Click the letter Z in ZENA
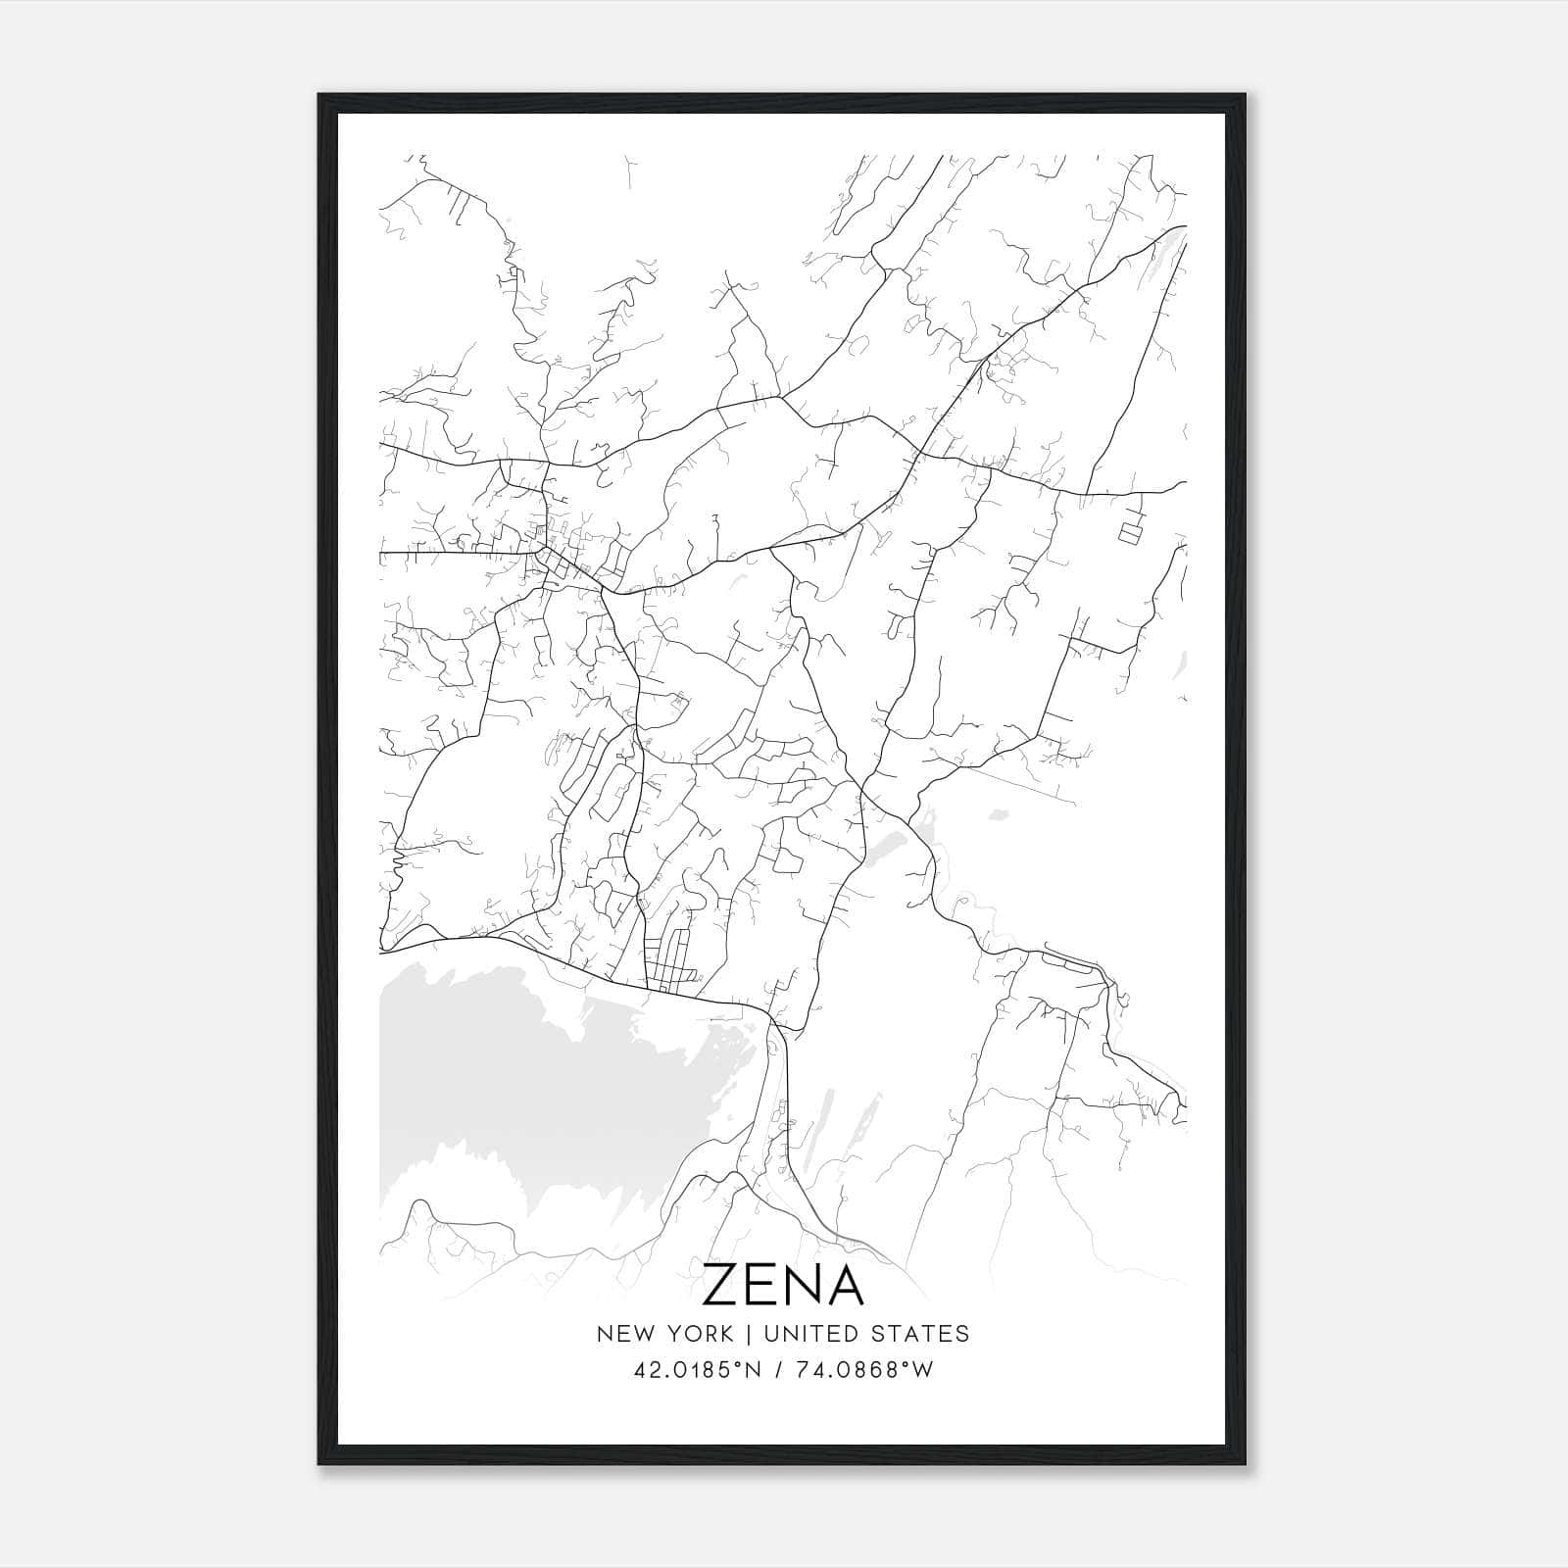[x=722, y=1285]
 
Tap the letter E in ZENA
[x=764, y=1285]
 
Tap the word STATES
[x=923, y=1334]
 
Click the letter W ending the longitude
[x=922, y=1370]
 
